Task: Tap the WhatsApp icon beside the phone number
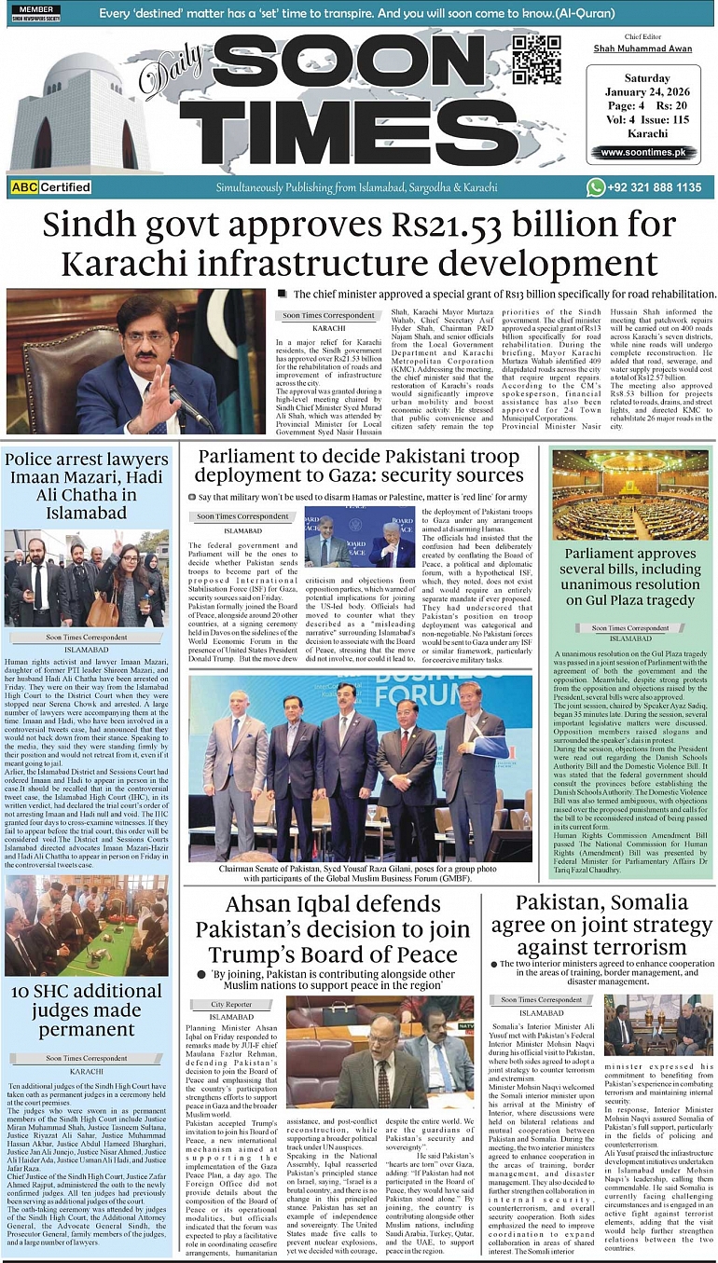pos(595,187)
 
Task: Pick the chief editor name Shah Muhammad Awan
pos(642,48)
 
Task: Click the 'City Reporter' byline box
pos(231,1004)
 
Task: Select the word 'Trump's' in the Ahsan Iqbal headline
pos(249,954)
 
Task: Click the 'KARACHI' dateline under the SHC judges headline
pos(87,1071)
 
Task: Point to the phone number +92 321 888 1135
pos(656,187)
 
